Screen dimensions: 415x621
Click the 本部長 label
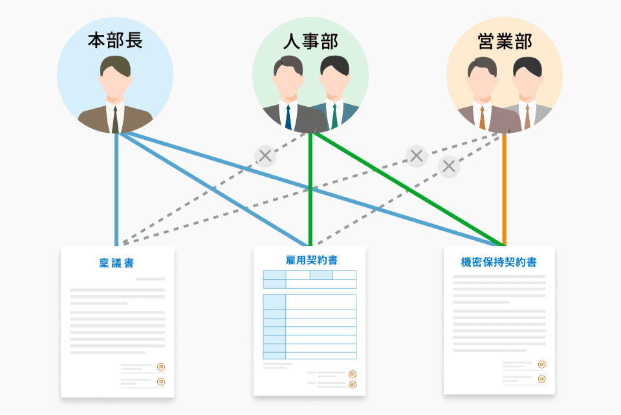(115, 41)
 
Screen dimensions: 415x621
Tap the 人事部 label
(310, 41)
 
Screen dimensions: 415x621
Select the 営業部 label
(505, 41)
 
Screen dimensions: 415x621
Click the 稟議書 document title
(117, 263)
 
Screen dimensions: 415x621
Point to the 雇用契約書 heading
(311, 260)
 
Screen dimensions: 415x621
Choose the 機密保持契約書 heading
(499, 262)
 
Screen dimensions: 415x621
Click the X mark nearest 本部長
(265, 155)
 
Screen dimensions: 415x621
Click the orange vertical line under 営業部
(505, 188)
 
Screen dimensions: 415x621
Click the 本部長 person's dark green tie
(115, 119)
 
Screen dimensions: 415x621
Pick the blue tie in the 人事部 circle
(288, 117)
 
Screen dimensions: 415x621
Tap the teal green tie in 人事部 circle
(334, 117)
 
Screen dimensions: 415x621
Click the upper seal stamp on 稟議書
(160, 367)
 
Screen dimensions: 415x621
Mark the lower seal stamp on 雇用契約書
(353, 385)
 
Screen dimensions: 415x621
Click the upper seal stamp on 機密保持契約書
(541, 365)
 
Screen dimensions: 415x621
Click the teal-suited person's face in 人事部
(334, 82)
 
